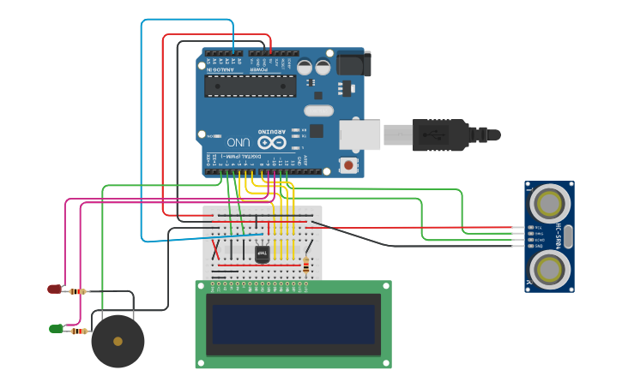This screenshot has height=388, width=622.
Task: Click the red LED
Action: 54,290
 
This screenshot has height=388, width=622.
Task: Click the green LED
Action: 56,328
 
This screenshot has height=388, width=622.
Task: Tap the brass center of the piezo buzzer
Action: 118,341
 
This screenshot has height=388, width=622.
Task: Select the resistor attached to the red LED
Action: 77,291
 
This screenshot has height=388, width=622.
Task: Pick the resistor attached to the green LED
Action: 79,331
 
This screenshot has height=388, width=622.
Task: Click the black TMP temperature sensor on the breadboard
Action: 263,254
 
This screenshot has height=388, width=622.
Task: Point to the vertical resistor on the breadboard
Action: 306,265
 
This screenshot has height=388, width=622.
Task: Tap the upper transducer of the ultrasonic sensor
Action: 549,203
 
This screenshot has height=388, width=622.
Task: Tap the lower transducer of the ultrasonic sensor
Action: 549,267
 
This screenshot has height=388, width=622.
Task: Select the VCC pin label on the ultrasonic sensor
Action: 538,228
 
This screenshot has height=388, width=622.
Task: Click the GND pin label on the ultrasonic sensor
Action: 538,246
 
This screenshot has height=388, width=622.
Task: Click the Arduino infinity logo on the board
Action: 272,141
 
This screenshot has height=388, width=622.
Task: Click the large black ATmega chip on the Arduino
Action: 250,86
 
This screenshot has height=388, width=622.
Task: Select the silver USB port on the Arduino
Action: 359,134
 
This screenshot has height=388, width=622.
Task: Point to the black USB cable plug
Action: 441,134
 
